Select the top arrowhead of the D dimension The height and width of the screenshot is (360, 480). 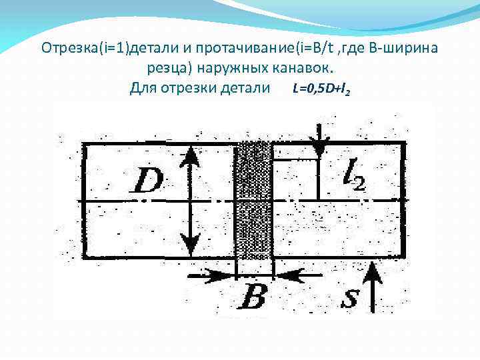click(191, 155)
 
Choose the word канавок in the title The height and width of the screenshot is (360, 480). click(307, 68)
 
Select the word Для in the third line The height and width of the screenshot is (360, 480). click(143, 88)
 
